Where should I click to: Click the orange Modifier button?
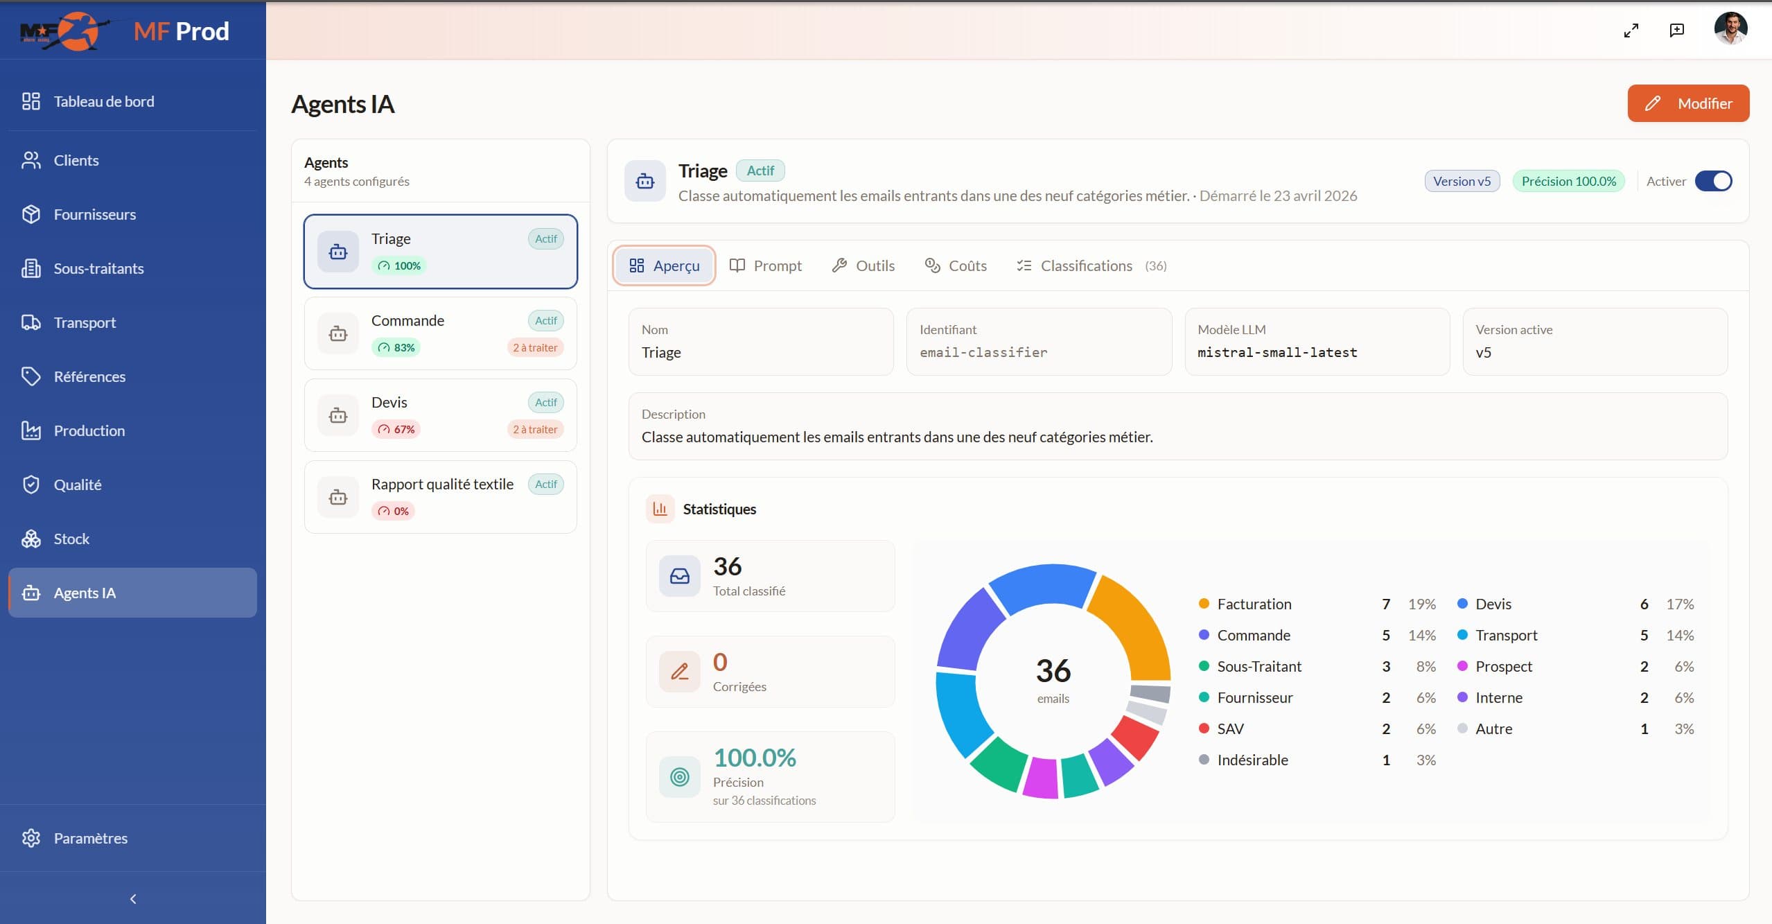[x=1688, y=103]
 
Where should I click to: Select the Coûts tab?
[x=956, y=265]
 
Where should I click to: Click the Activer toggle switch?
[x=1713, y=181]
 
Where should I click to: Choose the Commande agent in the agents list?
[x=441, y=333]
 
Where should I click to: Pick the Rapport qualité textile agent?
[x=441, y=497]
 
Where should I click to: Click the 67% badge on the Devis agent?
[x=396, y=429]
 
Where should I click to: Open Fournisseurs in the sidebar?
[x=95, y=214]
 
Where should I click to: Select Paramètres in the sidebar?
[x=91, y=838]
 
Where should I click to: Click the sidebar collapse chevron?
[x=133, y=899]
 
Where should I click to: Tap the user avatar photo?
[x=1730, y=29]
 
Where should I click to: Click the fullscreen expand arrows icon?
[x=1631, y=30]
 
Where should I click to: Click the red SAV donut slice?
[x=1135, y=738]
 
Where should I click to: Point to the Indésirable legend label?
[x=1252, y=760]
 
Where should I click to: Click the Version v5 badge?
[x=1462, y=181]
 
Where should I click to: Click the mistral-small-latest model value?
[x=1277, y=352]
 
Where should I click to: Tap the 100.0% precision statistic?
[x=755, y=758]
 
